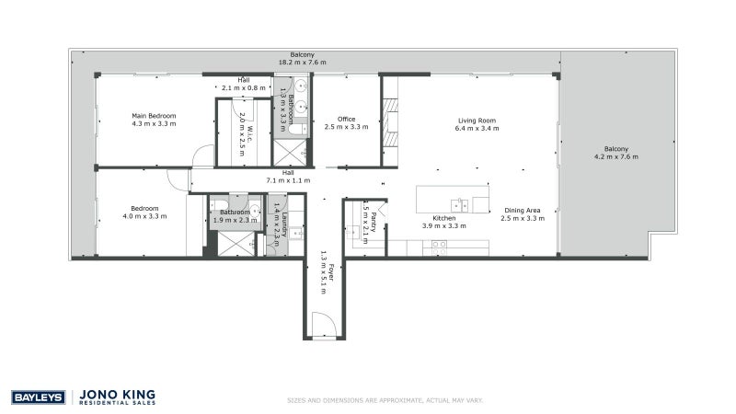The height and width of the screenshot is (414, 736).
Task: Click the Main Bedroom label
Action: coord(154,116)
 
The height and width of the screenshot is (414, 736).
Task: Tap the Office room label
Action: coord(346,119)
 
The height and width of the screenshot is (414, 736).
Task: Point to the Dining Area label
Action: coord(520,210)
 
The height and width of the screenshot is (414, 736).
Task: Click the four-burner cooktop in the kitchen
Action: coord(440,245)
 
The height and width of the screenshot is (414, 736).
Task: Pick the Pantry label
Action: coord(365,215)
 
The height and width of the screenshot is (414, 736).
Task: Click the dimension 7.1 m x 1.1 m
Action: coord(288,180)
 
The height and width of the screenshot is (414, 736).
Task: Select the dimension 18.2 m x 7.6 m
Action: coord(303,63)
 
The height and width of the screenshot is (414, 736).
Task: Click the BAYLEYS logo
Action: coord(37,397)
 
